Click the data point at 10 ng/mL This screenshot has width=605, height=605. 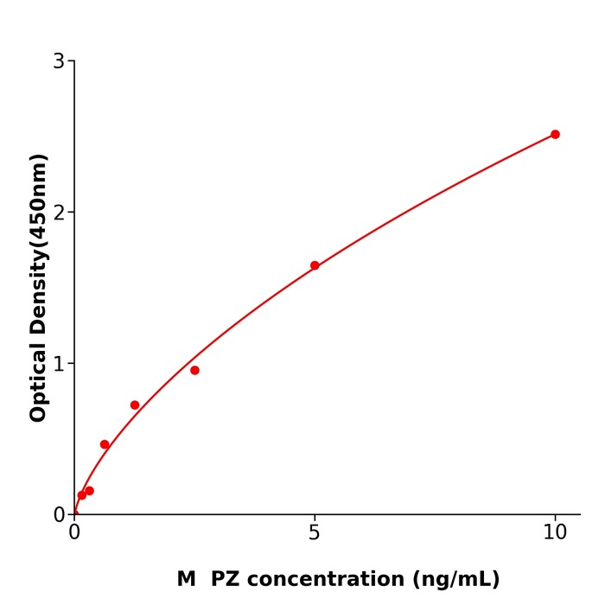(555, 134)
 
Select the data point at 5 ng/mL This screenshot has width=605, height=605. (315, 265)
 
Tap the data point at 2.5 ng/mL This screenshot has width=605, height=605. (194, 370)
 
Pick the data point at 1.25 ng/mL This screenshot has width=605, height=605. (135, 404)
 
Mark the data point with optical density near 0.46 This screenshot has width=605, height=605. (105, 444)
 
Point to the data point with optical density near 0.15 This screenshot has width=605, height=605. (89, 491)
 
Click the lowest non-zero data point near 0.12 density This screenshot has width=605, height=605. (81, 495)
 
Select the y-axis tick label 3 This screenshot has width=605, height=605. (59, 61)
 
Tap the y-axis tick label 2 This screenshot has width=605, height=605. (59, 213)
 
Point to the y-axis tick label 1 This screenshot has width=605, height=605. (59, 364)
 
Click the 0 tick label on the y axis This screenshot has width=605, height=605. (59, 515)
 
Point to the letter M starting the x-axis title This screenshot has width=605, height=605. (186, 579)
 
